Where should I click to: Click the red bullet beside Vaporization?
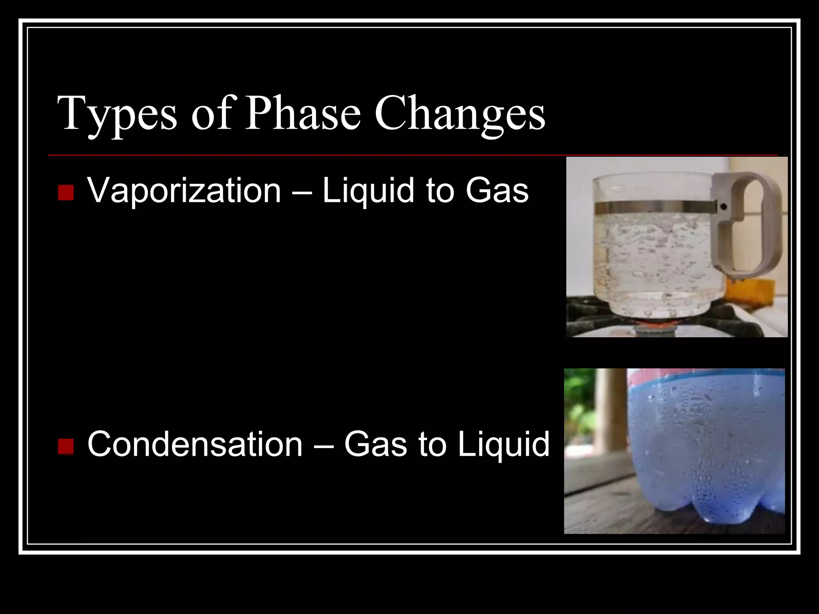[x=66, y=193]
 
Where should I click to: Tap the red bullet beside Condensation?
[x=66, y=447]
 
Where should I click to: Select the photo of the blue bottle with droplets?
[x=674, y=451]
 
